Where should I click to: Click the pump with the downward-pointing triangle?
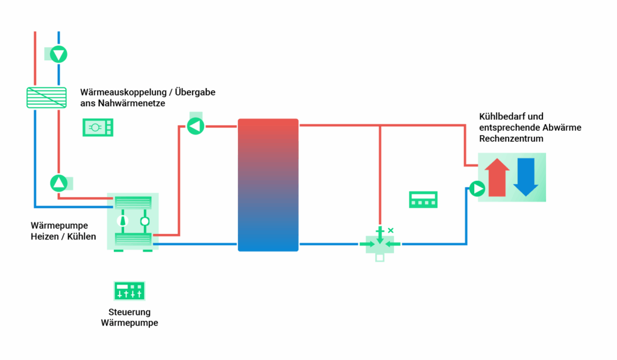58,54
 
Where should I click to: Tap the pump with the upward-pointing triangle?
58,183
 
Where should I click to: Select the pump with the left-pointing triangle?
195,126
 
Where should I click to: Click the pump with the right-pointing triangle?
477,189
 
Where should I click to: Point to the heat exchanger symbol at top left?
46,97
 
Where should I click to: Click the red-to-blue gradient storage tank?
268,185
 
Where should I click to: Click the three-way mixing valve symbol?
380,244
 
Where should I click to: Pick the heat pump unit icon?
133,221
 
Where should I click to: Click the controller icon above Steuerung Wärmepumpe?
130,291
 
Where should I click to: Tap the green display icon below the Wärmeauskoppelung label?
98,127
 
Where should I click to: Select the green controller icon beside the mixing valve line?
423,200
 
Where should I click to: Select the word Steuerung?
130,312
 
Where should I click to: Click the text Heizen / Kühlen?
63,236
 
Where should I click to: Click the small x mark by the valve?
390,230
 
